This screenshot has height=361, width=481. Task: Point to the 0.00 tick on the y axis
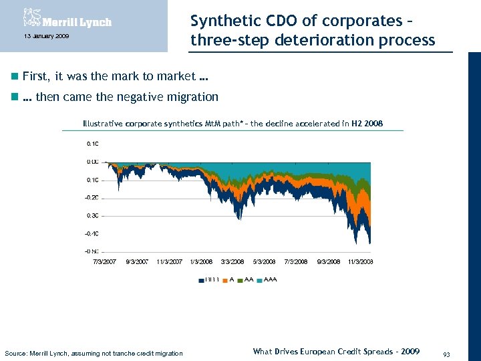click(93, 162)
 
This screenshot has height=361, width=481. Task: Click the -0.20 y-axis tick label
click(92, 198)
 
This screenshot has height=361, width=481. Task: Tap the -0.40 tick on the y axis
click(92, 234)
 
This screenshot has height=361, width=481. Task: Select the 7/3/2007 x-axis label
click(105, 261)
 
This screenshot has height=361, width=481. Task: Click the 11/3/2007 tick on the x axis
click(169, 261)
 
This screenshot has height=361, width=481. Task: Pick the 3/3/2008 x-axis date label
click(232, 261)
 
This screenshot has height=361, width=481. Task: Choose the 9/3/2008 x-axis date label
click(328, 261)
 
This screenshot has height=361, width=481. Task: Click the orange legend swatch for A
click(225, 279)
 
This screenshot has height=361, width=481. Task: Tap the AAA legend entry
click(271, 279)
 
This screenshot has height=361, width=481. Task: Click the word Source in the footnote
click(17, 353)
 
